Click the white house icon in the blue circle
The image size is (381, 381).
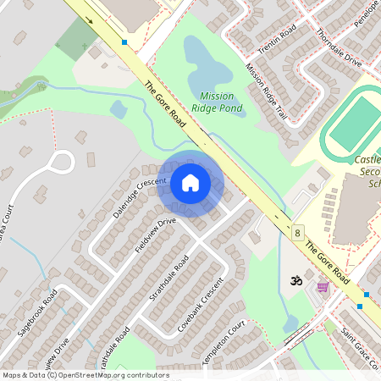(190, 182)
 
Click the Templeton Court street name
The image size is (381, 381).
(224, 342)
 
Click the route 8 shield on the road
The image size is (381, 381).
(297, 232)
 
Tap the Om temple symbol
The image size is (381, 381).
(296, 280)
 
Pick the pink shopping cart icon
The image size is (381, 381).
(322, 287)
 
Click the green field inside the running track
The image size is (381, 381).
(356, 123)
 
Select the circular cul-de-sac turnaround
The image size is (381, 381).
(62, 161)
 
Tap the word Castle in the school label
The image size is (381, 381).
(367, 159)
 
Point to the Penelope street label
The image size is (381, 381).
(368, 14)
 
